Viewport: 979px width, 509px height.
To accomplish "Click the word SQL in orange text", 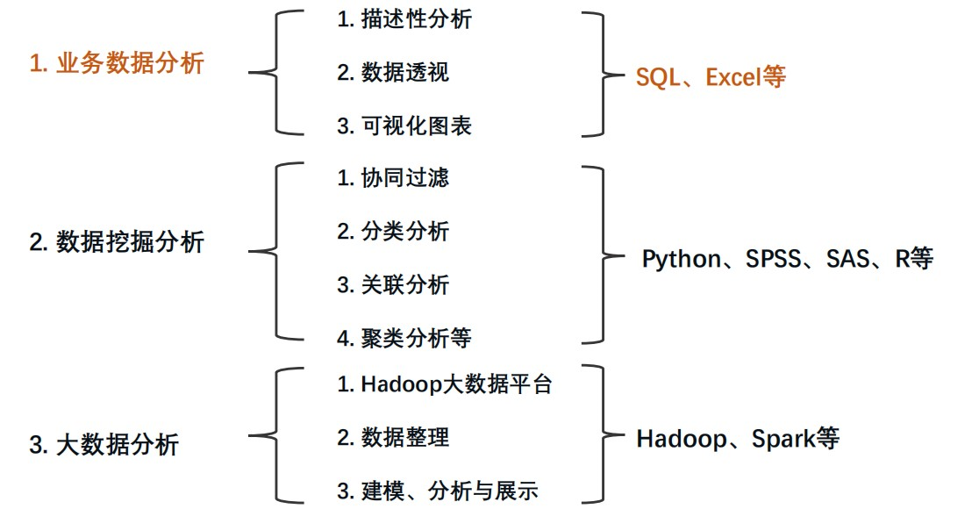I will [x=658, y=77].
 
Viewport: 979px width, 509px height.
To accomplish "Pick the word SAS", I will [x=846, y=260].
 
